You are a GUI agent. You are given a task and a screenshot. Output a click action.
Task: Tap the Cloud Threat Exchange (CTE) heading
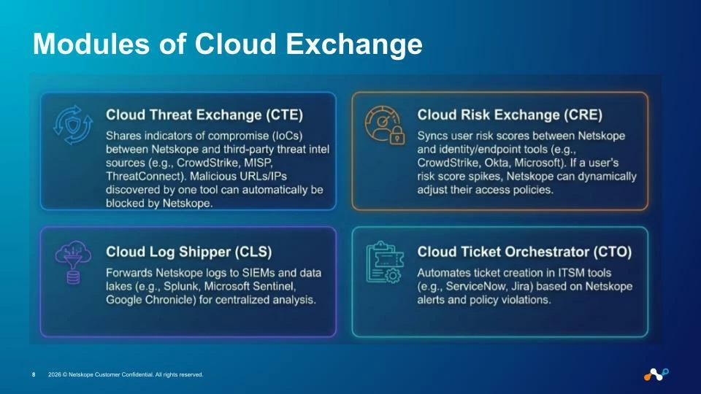[204, 115]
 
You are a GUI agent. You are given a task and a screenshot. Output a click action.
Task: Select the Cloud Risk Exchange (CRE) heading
[510, 115]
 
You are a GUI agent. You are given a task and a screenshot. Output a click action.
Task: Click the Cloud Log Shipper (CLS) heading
[188, 252]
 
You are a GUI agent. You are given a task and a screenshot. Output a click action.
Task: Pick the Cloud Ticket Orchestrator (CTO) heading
[524, 252]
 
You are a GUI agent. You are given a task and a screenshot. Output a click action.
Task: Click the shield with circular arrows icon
[72, 125]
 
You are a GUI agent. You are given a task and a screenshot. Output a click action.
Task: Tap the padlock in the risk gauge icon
[397, 136]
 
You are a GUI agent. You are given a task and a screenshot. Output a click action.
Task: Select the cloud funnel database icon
[73, 262]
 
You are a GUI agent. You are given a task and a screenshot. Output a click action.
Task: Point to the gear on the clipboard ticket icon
[393, 275]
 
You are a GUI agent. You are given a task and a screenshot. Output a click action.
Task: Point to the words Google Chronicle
[151, 300]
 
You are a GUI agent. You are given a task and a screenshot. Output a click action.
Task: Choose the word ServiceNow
[474, 286]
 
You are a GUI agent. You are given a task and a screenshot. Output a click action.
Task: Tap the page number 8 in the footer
[34, 375]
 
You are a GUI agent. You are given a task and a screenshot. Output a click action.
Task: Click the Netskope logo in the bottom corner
[656, 374]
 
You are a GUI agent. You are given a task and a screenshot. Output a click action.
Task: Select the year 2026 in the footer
[55, 375]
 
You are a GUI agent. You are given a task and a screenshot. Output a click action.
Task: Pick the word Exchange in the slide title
[354, 44]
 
